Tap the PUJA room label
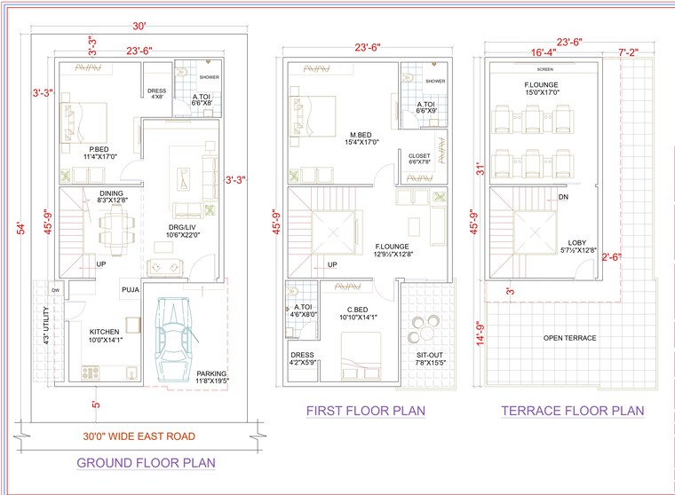tap(130, 288)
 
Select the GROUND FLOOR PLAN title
tap(146, 462)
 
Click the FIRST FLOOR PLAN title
tap(365, 411)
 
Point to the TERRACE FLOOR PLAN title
tap(572, 411)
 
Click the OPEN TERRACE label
tap(569, 338)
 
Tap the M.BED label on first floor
tap(362, 135)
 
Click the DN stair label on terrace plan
tap(563, 197)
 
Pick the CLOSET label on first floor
tap(419, 156)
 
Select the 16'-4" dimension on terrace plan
tap(544, 53)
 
